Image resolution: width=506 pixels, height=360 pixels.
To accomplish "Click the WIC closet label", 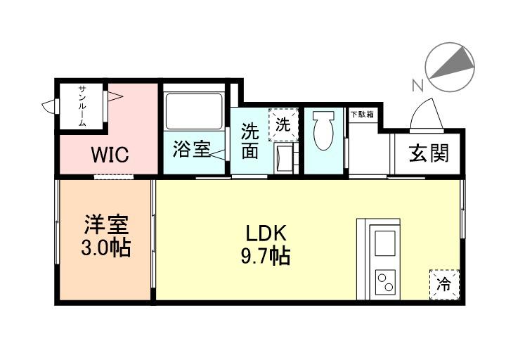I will coord(109,155).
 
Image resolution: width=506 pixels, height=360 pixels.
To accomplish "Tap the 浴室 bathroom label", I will coord(191,150).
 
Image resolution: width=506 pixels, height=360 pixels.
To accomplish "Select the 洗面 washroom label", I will coord(249,141).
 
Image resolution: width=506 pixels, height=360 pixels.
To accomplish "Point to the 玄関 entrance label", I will coord(429,153).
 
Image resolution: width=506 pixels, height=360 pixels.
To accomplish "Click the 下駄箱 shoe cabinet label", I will coord(363,114).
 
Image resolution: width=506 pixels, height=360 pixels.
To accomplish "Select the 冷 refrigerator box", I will coord(443,284).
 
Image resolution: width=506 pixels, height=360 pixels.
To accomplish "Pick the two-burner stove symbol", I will coord(385,283).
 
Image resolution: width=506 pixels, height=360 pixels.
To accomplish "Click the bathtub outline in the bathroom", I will coord(194,110).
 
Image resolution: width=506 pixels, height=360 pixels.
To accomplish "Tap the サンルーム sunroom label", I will coord(82,105).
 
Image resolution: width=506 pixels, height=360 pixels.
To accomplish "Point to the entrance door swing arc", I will coord(426,114).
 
